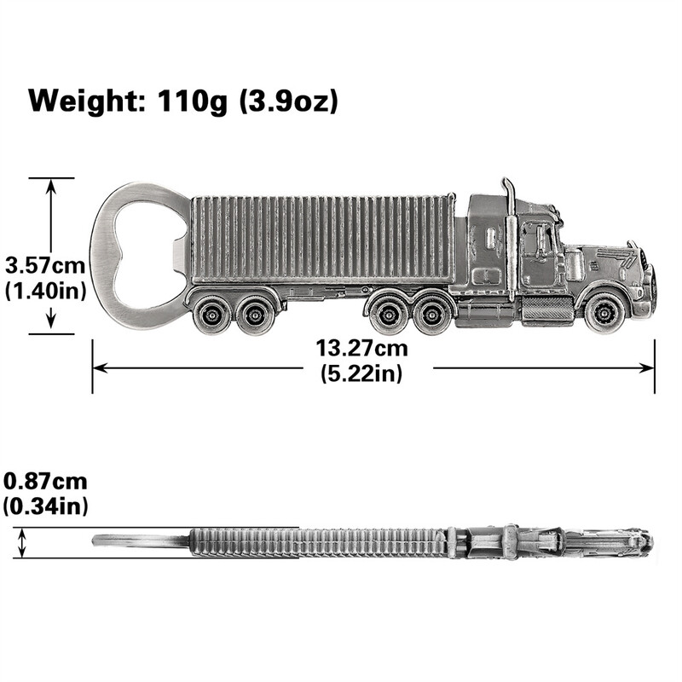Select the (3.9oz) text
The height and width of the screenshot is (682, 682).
pos(288,102)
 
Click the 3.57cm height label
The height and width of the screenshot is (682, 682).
pos(45,266)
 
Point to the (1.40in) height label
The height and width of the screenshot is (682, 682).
pos(45,291)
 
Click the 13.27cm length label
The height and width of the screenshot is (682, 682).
pos(361,349)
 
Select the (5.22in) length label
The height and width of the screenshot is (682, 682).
pos(361,373)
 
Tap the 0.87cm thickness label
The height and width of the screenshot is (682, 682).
pos(45,482)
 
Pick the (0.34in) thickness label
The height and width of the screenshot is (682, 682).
pos(45,506)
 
